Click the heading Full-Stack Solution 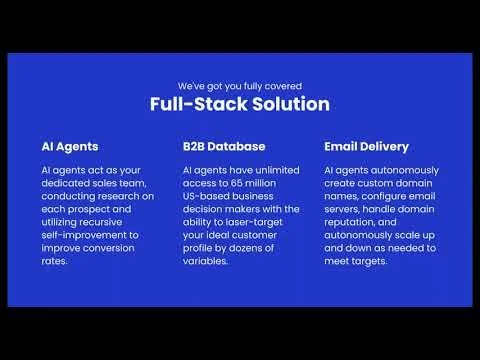tap(240, 104)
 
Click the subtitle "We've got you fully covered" tap(240, 85)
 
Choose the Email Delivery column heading tap(366, 146)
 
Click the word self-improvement tap(82, 235)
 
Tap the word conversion tap(119, 248)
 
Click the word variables tap(207, 261)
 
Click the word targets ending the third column tap(376, 261)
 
